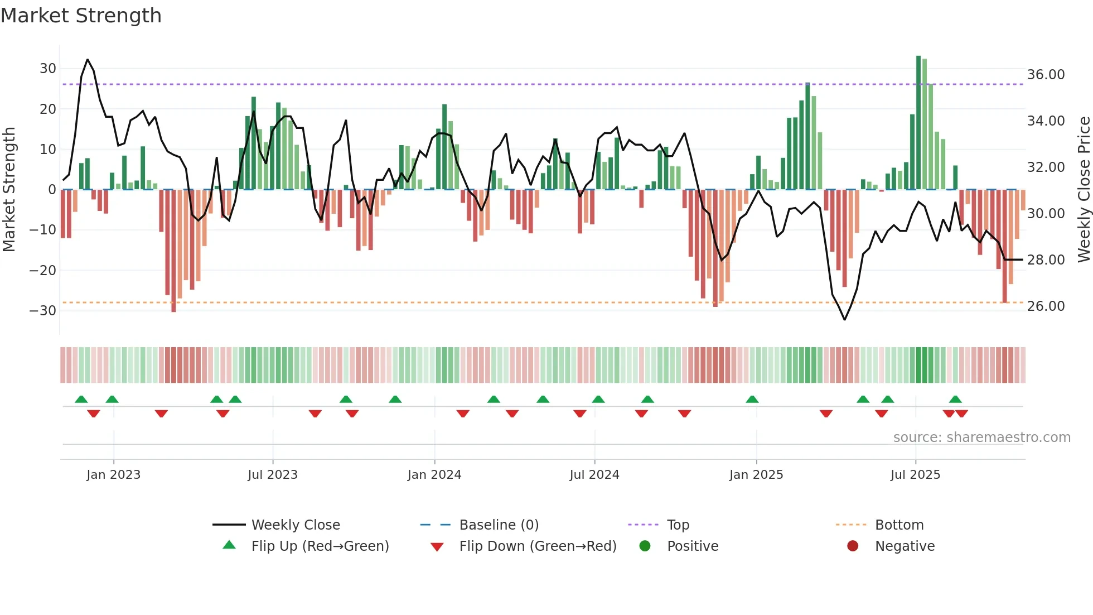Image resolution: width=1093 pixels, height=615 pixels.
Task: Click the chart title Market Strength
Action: [x=81, y=16]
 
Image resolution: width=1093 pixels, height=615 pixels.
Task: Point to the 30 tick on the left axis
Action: [x=48, y=69]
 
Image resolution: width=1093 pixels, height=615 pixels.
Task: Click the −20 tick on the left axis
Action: [x=43, y=271]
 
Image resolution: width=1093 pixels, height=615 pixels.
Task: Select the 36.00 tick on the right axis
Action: [x=1046, y=75]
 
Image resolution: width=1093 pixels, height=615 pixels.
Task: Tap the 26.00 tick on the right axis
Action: [x=1046, y=306]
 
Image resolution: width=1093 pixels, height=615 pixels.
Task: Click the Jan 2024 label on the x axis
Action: [x=434, y=475]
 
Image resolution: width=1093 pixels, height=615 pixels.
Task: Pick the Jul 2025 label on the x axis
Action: [x=915, y=475]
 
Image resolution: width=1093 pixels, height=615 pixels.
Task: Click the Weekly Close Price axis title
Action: [x=1084, y=189]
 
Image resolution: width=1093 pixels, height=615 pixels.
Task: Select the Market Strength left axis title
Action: [x=9, y=189]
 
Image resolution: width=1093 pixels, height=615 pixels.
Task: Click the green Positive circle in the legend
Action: [x=645, y=546]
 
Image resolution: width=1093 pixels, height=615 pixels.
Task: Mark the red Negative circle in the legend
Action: [x=852, y=546]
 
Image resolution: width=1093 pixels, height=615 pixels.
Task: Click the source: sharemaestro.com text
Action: [x=981, y=438]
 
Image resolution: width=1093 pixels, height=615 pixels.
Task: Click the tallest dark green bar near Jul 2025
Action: [x=918, y=123]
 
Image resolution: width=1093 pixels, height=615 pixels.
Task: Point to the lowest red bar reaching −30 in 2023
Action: [x=173, y=251]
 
